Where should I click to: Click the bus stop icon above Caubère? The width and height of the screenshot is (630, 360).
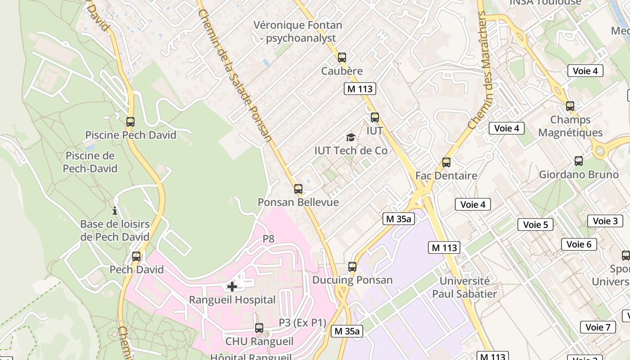click(342, 58)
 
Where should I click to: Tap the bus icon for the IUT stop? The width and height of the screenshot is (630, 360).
click(375, 117)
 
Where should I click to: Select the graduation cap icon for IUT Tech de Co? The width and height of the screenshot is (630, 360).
click(351, 137)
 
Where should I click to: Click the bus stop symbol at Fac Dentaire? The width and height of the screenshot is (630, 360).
click(446, 162)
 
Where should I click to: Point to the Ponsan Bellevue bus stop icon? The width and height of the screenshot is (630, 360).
click(298, 189)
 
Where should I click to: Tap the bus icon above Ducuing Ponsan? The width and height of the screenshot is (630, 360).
click(352, 267)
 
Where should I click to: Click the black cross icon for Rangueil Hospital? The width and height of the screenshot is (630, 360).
click(232, 286)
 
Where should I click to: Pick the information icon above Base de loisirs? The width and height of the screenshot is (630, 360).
click(115, 211)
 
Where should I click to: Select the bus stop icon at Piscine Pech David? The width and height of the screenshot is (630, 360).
click(130, 122)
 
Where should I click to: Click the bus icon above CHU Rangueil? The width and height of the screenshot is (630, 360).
click(259, 328)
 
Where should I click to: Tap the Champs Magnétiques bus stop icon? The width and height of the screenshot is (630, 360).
click(570, 106)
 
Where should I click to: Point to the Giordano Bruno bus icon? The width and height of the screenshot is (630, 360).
click(579, 161)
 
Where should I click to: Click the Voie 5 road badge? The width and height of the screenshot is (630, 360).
click(535, 224)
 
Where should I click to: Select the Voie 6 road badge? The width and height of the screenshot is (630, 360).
click(579, 244)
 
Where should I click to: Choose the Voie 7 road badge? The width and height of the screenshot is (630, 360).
click(598, 327)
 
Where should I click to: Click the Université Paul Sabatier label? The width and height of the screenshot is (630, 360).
click(464, 288)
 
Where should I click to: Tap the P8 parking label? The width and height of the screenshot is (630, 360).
click(268, 239)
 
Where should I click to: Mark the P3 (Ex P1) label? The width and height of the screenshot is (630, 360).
click(302, 323)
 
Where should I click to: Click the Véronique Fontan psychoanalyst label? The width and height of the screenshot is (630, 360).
click(298, 31)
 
